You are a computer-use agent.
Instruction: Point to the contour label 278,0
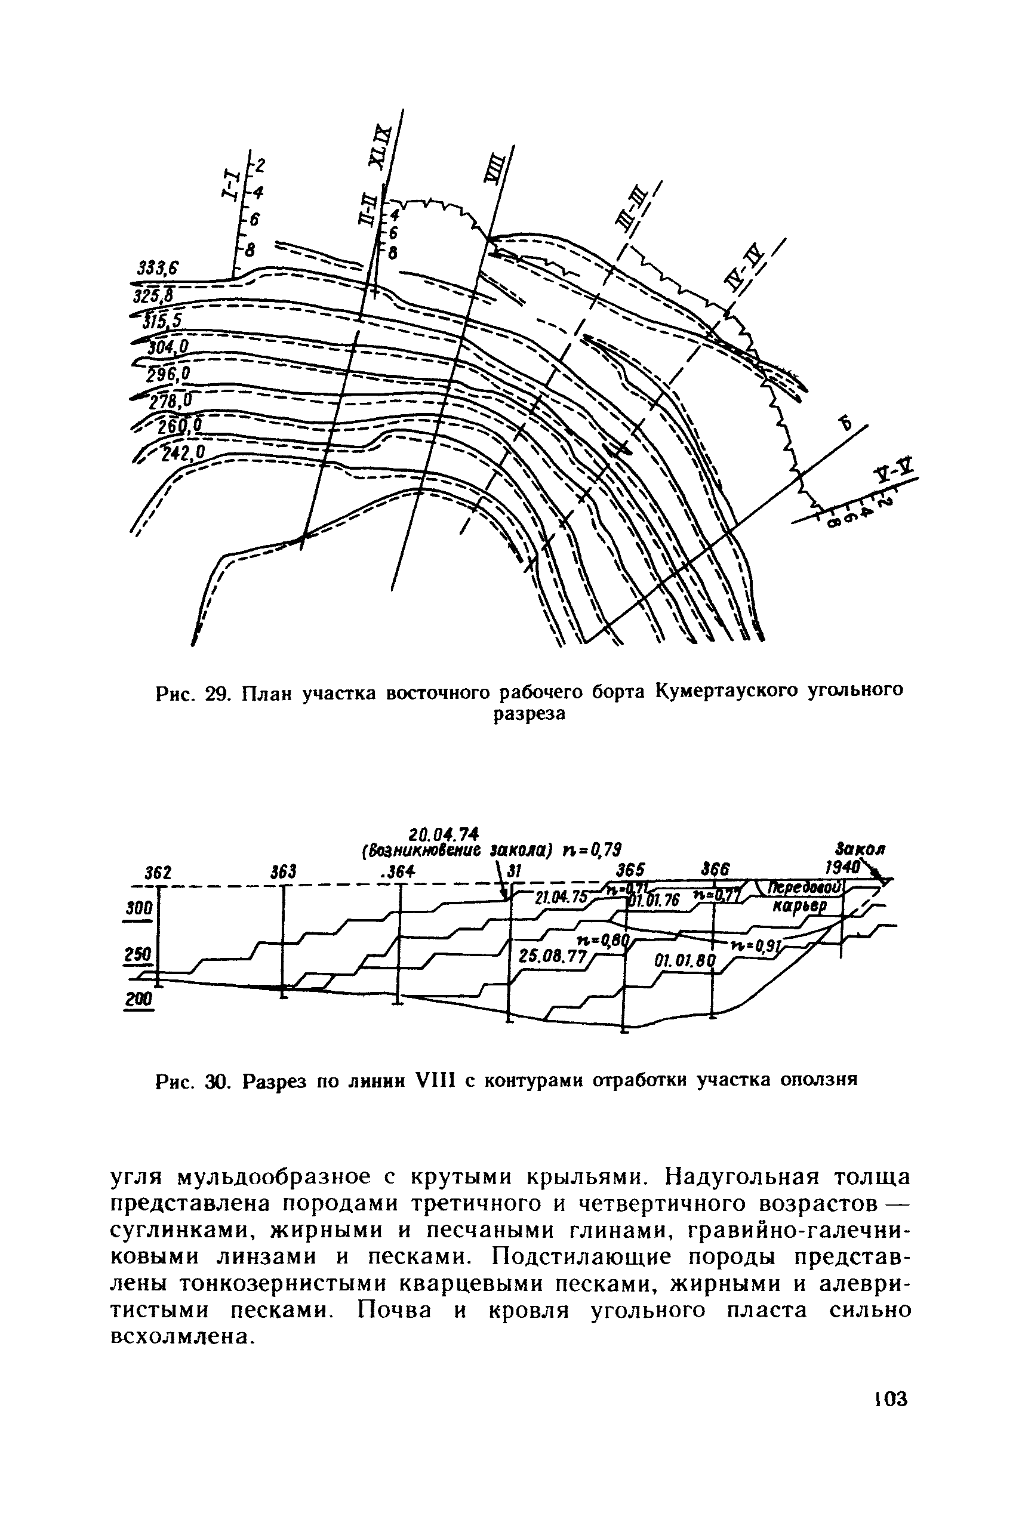[168, 399]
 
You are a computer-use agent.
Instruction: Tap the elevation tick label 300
[139, 908]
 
